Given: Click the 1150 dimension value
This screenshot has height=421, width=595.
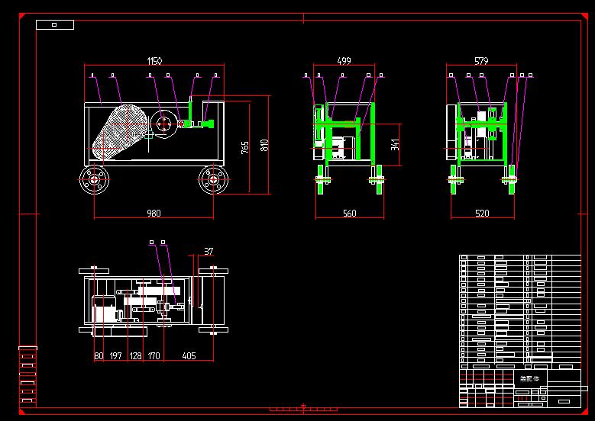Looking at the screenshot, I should tap(154, 60).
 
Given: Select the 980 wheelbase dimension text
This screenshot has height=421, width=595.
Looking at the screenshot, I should tap(154, 214).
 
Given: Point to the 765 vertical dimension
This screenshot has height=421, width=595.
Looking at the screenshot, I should tap(245, 147).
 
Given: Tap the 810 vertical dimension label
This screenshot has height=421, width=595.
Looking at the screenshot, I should tap(264, 144).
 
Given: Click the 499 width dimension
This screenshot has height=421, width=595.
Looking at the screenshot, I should tap(344, 60).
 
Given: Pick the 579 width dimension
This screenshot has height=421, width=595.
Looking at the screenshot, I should tap(481, 60).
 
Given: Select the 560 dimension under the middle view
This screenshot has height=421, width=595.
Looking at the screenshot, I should tap(349, 214).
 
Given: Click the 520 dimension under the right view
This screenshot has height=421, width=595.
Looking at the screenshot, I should tap(482, 214).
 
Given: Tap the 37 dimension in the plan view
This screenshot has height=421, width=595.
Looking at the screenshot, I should tap(209, 251).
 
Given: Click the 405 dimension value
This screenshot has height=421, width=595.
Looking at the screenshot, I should tap(189, 355).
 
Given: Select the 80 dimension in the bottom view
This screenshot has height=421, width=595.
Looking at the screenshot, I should tap(99, 355).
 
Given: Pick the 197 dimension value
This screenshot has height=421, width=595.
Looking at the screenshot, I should tap(116, 355).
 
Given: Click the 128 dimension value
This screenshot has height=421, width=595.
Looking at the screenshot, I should tap(135, 355).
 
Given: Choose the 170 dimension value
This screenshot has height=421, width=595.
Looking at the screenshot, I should tap(154, 355).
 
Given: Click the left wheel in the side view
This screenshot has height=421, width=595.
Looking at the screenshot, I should tap(95, 181).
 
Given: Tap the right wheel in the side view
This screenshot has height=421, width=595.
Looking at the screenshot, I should tap(213, 181).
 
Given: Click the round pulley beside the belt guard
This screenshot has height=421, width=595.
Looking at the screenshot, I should tap(163, 124).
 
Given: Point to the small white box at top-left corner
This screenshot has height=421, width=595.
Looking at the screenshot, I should tap(55, 24).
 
